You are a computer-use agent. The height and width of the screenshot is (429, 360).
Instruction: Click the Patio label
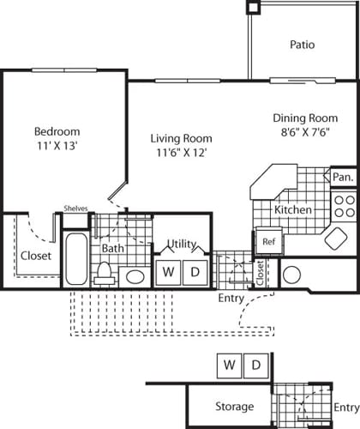coord(303,44)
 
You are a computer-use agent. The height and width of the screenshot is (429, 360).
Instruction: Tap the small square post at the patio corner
coord(253,6)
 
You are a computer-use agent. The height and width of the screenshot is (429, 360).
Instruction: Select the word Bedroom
coord(57,131)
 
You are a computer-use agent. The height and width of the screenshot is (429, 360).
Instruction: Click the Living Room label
coord(181,138)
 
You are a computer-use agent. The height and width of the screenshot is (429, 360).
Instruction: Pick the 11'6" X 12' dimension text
coord(181,153)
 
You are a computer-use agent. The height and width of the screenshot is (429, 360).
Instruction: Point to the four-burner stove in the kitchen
coord(344,206)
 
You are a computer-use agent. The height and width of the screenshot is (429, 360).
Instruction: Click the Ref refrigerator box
coord(267,241)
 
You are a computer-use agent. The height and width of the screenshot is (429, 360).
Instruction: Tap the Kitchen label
coord(292,210)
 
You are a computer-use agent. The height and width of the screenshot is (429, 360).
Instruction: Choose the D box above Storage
coord(255,365)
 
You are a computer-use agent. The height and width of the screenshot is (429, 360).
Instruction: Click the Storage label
coord(233,406)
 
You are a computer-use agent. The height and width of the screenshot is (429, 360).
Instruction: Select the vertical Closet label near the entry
coord(260,273)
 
